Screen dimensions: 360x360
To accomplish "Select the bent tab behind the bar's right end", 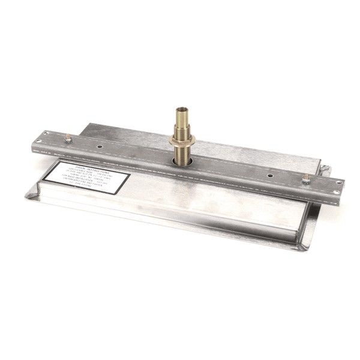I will click(324, 169).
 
